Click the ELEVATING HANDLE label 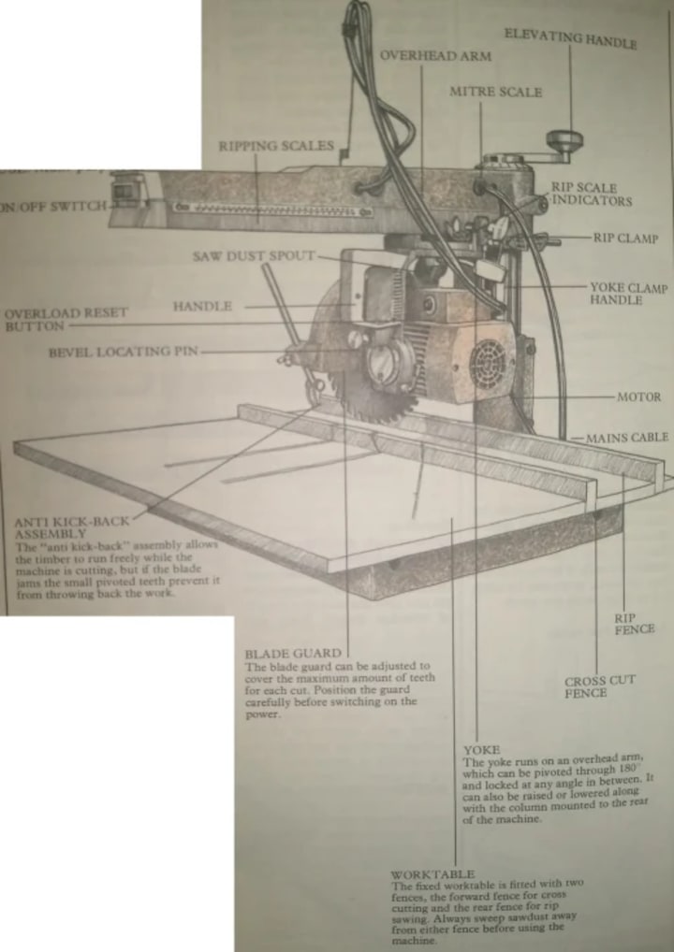[571, 39]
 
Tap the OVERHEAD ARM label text [435, 57]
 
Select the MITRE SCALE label [495, 93]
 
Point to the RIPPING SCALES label [276, 146]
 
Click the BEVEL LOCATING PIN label [124, 353]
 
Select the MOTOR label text [638, 397]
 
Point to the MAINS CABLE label [627, 437]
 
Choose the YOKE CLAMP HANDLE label [629, 294]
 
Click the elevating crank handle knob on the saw [565, 142]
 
